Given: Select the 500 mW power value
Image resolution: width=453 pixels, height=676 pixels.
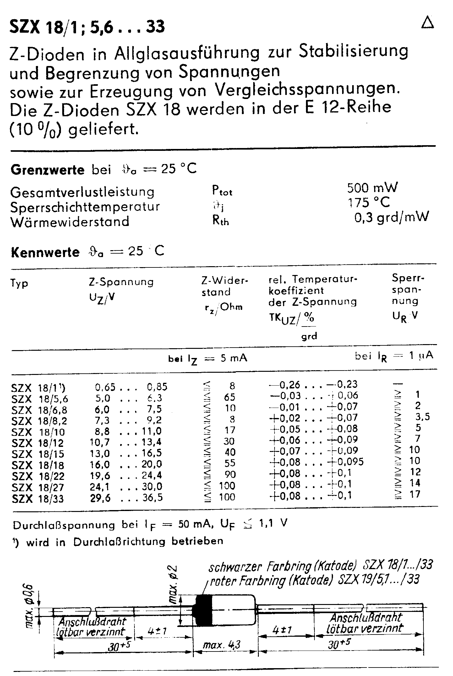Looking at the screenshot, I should coord(372,188).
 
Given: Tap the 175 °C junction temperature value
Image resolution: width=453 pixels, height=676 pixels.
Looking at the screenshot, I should coord(368,202).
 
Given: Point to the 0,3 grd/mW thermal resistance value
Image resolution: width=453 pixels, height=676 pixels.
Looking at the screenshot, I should coord(391,217).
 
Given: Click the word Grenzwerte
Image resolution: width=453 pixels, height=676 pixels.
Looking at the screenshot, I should coord(47,170).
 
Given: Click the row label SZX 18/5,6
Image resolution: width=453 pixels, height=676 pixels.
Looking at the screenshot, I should coord(40,399).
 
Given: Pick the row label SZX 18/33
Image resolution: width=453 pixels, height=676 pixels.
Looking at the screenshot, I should coord(38,498).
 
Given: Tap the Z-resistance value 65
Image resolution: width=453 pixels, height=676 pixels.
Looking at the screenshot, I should coord(230,397).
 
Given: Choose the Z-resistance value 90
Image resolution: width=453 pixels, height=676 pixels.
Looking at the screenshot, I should coord(230,474).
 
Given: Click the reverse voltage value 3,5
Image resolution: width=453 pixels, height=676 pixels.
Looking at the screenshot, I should coord(422,417).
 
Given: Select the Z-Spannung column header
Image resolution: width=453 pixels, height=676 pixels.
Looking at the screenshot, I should coord(121,282).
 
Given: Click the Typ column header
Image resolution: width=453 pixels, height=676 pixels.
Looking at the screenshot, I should coord(19,283).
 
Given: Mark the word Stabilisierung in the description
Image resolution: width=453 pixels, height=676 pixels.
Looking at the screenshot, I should coord(353,51).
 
